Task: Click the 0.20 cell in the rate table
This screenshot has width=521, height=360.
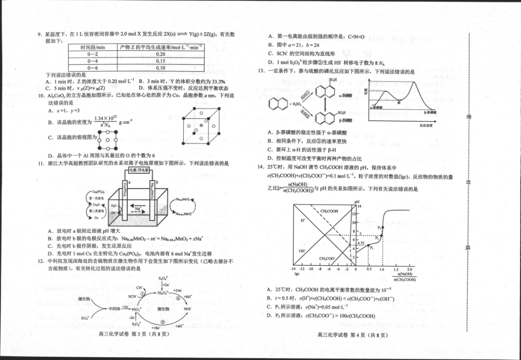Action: coord(160,54)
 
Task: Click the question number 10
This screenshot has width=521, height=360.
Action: coord(41,95)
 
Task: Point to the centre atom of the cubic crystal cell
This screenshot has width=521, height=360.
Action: coord(201,125)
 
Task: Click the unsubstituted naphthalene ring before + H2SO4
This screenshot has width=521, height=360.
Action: coord(275,103)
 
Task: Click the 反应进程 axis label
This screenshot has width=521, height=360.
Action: coord(426,125)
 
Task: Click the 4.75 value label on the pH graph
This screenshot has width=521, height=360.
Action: coord(361,243)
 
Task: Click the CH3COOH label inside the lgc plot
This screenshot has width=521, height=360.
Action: coord(329,211)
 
